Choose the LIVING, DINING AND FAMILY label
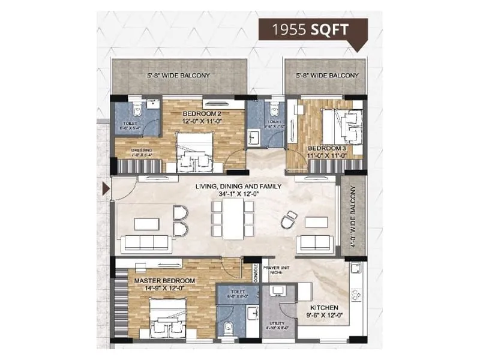coord(238,187)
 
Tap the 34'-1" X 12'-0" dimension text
coord(238,194)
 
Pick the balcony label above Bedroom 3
coord(327,76)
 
